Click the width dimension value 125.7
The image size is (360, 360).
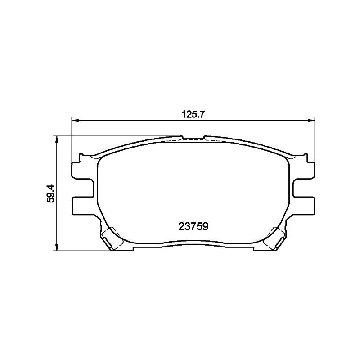point(193,115)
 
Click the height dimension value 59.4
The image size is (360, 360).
point(51,193)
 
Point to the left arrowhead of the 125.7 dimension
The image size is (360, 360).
point(75,120)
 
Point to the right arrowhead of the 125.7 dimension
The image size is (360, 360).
point(311,120)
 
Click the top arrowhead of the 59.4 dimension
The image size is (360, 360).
point(56,139)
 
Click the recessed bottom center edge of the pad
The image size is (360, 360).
point(193,246)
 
